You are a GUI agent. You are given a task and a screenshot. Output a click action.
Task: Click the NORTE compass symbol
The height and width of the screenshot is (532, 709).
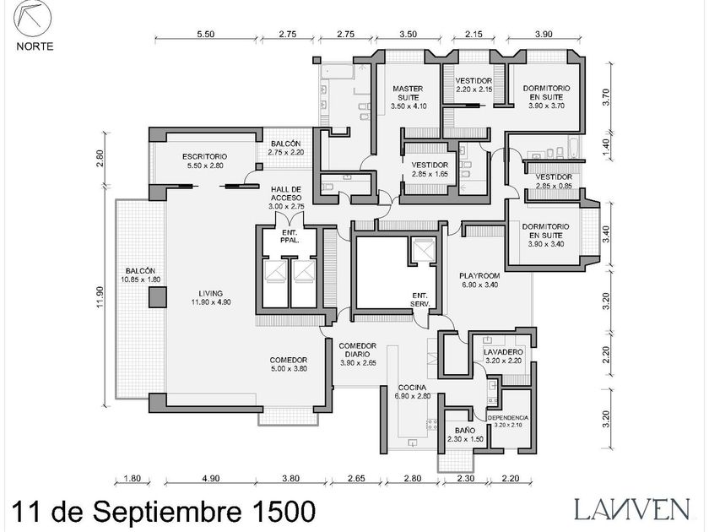point(34,20)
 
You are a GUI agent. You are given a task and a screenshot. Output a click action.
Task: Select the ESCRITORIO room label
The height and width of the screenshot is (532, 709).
point(205,160)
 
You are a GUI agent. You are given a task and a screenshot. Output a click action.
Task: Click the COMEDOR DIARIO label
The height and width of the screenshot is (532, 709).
point(357,354)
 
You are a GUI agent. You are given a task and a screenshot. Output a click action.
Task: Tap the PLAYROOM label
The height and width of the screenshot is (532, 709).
point(479,280)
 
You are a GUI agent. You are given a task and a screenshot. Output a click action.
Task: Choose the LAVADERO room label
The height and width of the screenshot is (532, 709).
point(504,356)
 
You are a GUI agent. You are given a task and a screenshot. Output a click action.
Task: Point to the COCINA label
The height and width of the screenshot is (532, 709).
point(414,391)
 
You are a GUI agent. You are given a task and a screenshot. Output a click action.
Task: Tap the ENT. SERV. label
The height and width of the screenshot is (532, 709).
point(419,299)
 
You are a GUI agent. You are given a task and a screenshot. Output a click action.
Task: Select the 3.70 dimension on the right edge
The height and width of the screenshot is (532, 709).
point(605,96)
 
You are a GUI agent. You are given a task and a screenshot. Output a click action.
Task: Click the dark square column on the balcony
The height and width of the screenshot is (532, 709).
point(155,296)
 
